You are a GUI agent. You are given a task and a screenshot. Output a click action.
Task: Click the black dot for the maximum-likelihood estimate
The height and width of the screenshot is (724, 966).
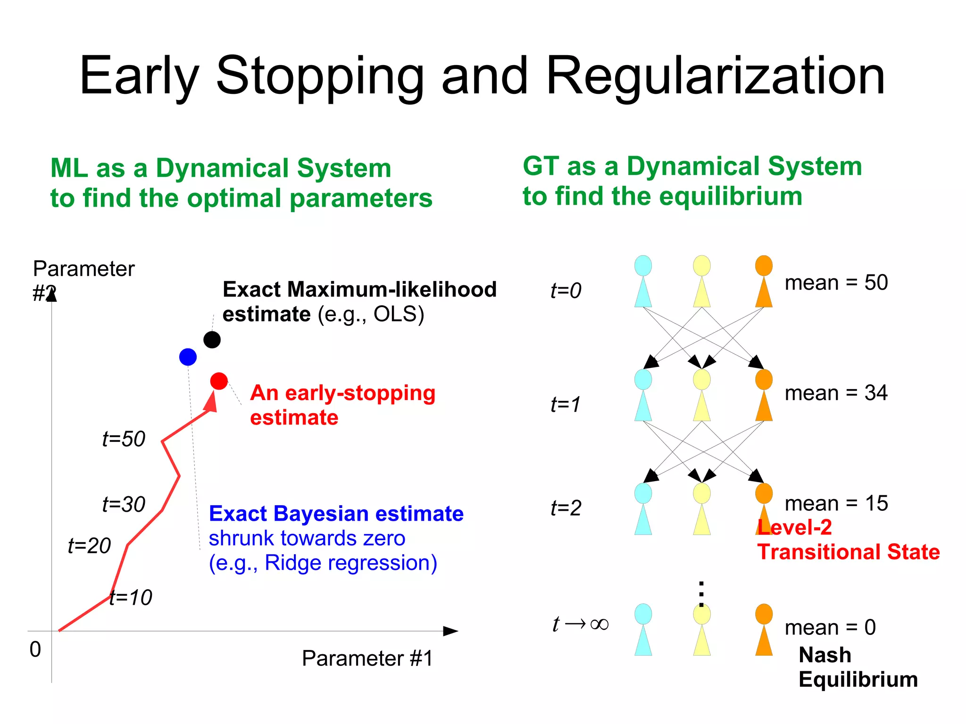coord(212,340)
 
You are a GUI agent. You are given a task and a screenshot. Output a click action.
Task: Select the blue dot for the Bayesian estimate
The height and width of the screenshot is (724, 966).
coord(188,357)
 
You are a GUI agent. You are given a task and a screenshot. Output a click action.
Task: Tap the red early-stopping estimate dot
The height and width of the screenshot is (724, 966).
coord(219,381)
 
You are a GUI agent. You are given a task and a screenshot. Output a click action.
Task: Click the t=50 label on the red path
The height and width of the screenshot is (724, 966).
coord(124,439)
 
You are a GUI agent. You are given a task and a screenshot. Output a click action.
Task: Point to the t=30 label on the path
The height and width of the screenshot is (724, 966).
coord(124,505)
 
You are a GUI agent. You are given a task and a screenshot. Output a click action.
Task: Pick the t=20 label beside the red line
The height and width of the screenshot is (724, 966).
coord(89,546)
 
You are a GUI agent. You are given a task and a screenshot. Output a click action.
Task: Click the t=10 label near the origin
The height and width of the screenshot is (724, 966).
coord(131,598)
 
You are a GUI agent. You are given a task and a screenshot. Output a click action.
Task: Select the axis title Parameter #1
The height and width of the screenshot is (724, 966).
coord(367,658)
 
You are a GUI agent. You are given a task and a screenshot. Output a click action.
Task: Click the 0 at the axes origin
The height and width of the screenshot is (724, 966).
coord(35,649)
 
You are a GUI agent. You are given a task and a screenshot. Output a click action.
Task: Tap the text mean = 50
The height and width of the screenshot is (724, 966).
coord(836,283)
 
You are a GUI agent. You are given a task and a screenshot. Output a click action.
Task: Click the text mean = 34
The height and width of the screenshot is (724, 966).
coord(836,393)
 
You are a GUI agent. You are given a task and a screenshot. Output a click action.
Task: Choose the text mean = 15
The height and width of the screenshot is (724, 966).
coord(836,503)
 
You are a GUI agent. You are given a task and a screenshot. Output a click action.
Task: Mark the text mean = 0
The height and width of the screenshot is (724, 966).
coord(830,628)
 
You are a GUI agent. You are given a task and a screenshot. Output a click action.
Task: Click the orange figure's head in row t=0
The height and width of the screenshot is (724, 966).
coord(764,266)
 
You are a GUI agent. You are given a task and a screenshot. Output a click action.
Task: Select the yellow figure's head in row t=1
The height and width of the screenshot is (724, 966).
coord(702,379)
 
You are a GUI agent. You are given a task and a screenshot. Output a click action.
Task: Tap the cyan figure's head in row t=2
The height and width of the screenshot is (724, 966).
coord(643,493)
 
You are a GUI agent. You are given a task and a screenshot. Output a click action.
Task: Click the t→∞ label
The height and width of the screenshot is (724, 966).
coord(580,624)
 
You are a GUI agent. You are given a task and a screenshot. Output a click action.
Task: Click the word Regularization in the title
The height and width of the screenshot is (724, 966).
coord(715,76)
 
